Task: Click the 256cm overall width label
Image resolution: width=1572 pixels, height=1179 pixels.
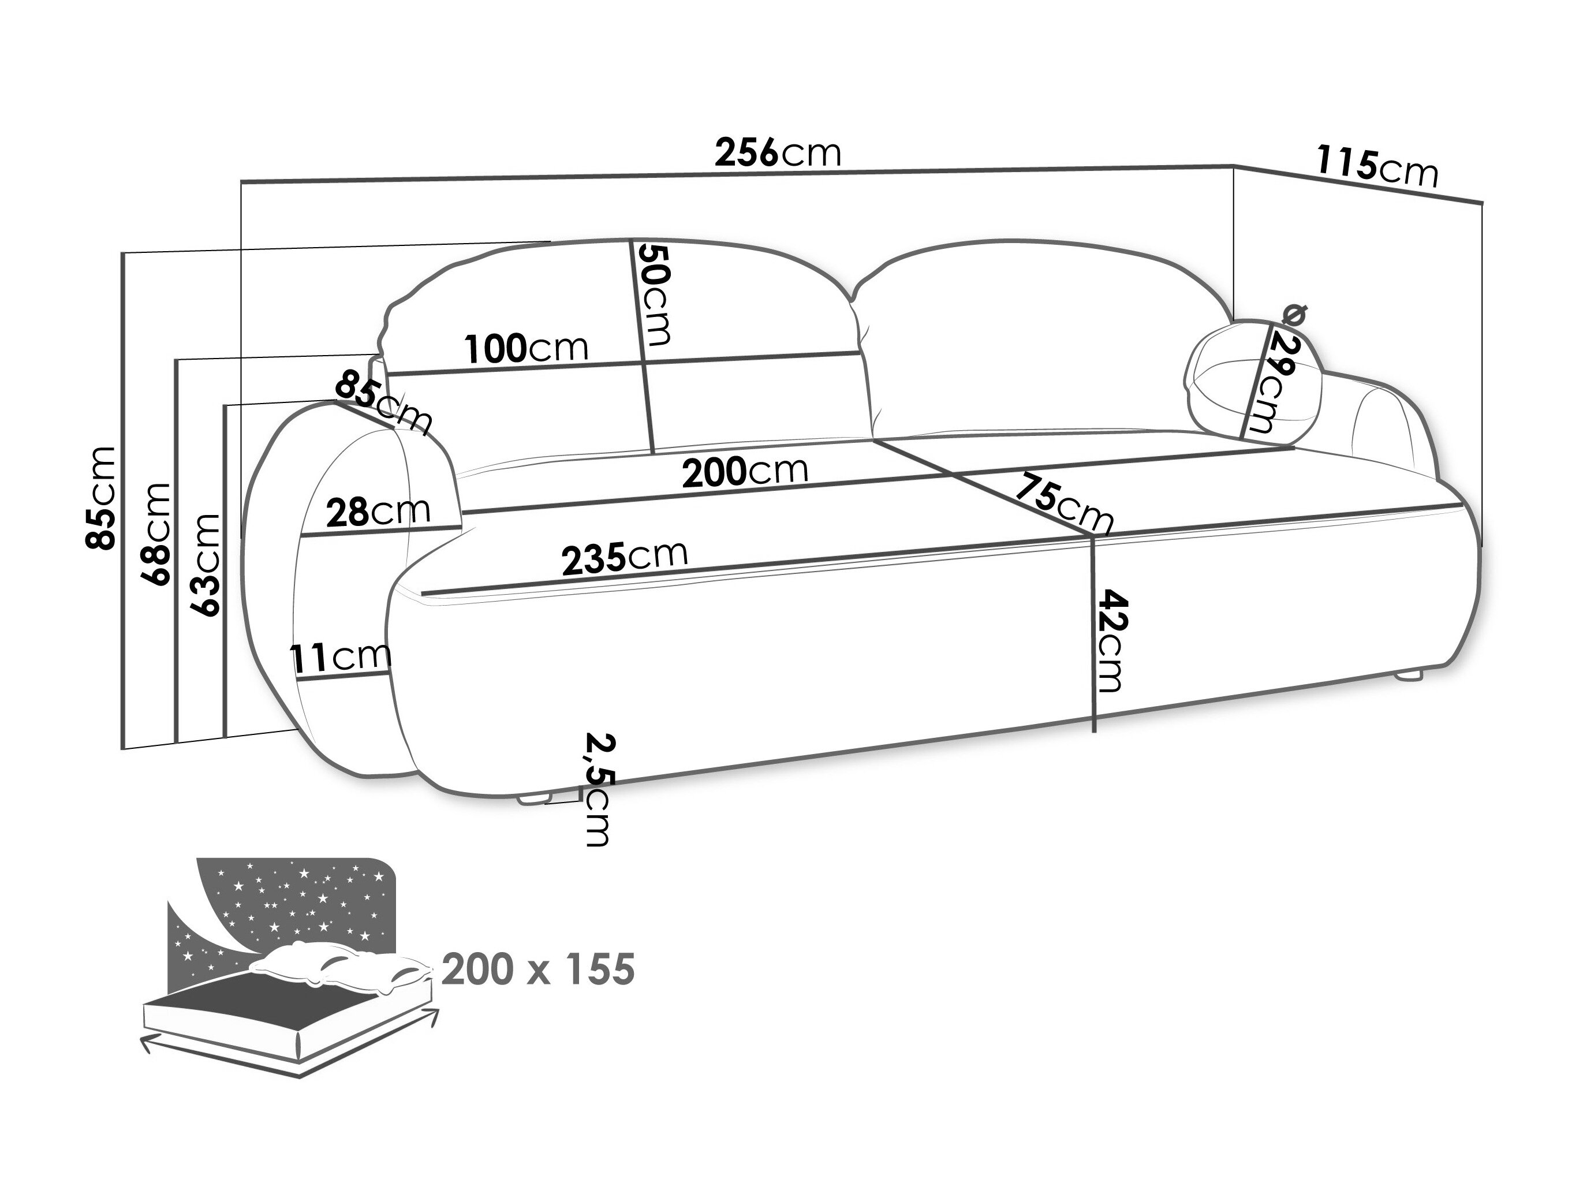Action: point(778,153)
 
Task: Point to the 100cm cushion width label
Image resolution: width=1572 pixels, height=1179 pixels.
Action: point(527,348)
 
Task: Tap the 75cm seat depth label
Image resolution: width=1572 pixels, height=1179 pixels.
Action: point(1062,502)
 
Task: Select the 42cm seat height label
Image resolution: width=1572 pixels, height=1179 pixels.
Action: point(1110,640)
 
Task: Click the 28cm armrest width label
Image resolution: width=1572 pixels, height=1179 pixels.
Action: point(378,511)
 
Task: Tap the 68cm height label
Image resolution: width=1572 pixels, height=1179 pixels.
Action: point(157,533)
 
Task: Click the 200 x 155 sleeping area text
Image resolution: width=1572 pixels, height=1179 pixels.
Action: point(537,969)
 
